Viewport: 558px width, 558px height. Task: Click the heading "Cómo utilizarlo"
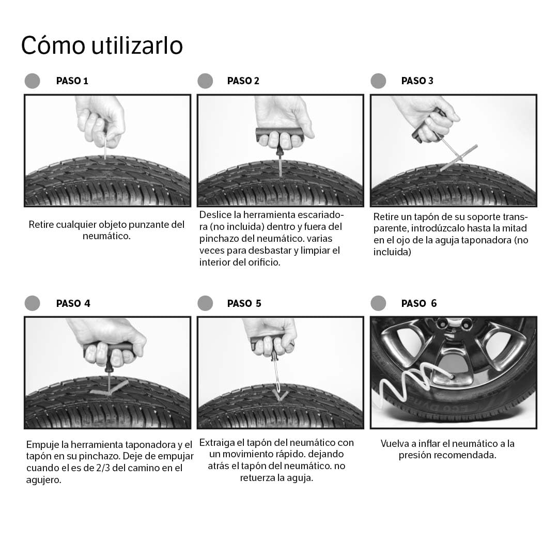pyautogui.click(x=102, y=45)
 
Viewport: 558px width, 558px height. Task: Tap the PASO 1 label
pyautogui.click(x=72, y=81)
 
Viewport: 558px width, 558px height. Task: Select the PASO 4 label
pyautogui.click(x=73, y=303)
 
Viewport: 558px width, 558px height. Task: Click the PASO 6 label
pyautogui.click(x=419, y=303)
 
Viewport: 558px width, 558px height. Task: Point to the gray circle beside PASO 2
pyautogui.click(x=205, y=81)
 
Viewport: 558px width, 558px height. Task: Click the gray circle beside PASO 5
pyautogui.click(x=205, y=303)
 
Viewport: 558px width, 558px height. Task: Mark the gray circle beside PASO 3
pyautogui.click(x=378, y=81)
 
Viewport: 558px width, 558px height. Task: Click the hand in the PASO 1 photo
pyautogui.click(x=101, y=119)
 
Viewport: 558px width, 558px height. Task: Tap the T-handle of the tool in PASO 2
pyautogui.click(x=279, y=134)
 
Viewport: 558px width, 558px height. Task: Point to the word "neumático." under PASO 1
pyautogui.click(x=106, y=237)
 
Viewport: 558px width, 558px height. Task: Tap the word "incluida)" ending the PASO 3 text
pyautogui.click(x=392, y=252)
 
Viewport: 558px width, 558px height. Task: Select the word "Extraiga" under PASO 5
pyautogui.click(x=217, y=443)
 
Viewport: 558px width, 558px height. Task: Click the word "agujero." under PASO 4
pyautogui.click(x=43, y=480)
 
